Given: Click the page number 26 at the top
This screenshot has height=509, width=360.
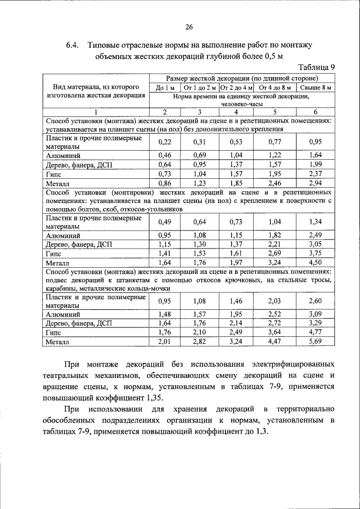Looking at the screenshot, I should click(188, 26).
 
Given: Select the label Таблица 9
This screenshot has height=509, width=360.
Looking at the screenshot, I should click(315, 67).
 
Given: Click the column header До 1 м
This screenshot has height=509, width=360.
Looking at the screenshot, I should click(165, 88).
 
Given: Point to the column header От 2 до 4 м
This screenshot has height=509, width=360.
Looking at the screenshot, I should click(236, 88).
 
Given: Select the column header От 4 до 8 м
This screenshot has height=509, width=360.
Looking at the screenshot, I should click(275, 88).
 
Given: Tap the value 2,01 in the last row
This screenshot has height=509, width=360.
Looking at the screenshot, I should click(165, 341).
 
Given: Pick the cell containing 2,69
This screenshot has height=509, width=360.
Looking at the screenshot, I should click(275, 253).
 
